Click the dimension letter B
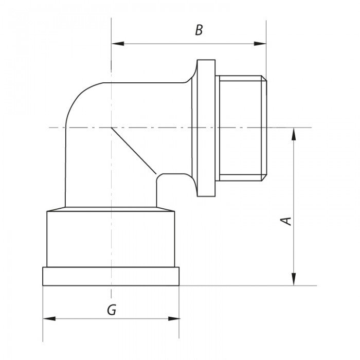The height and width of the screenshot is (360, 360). (199, 30)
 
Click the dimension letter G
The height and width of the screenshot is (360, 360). (111, 310)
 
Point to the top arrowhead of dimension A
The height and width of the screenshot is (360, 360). (294, 133)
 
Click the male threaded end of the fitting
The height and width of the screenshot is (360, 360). (242, 129)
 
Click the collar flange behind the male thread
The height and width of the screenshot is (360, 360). (206, 129)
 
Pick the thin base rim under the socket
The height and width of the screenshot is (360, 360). (111, 276)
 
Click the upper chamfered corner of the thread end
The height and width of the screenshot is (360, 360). (265, 79)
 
